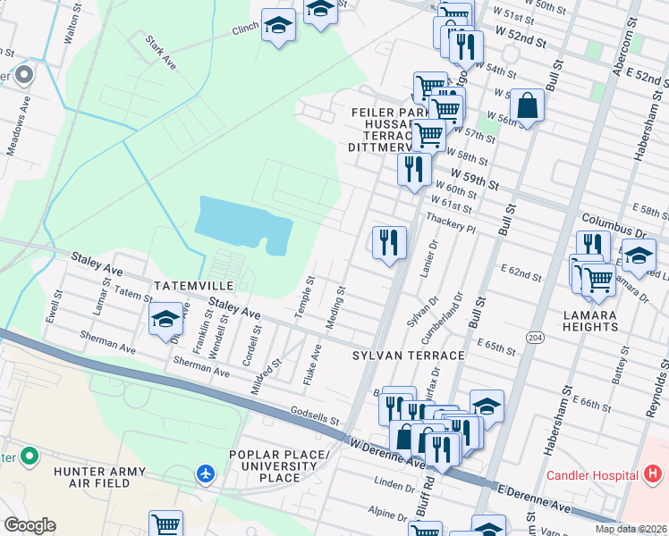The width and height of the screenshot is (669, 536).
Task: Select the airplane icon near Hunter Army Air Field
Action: (x=207, y=472)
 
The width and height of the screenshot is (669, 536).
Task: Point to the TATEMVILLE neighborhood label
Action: (x=193, y=285)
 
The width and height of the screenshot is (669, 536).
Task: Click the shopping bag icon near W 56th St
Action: (x=529, y=106)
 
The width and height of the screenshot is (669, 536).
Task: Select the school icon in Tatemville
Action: (x=165, y=320)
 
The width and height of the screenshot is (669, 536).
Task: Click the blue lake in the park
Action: (x=241, y=225)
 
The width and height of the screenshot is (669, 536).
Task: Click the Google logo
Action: (x=29, y=525)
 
